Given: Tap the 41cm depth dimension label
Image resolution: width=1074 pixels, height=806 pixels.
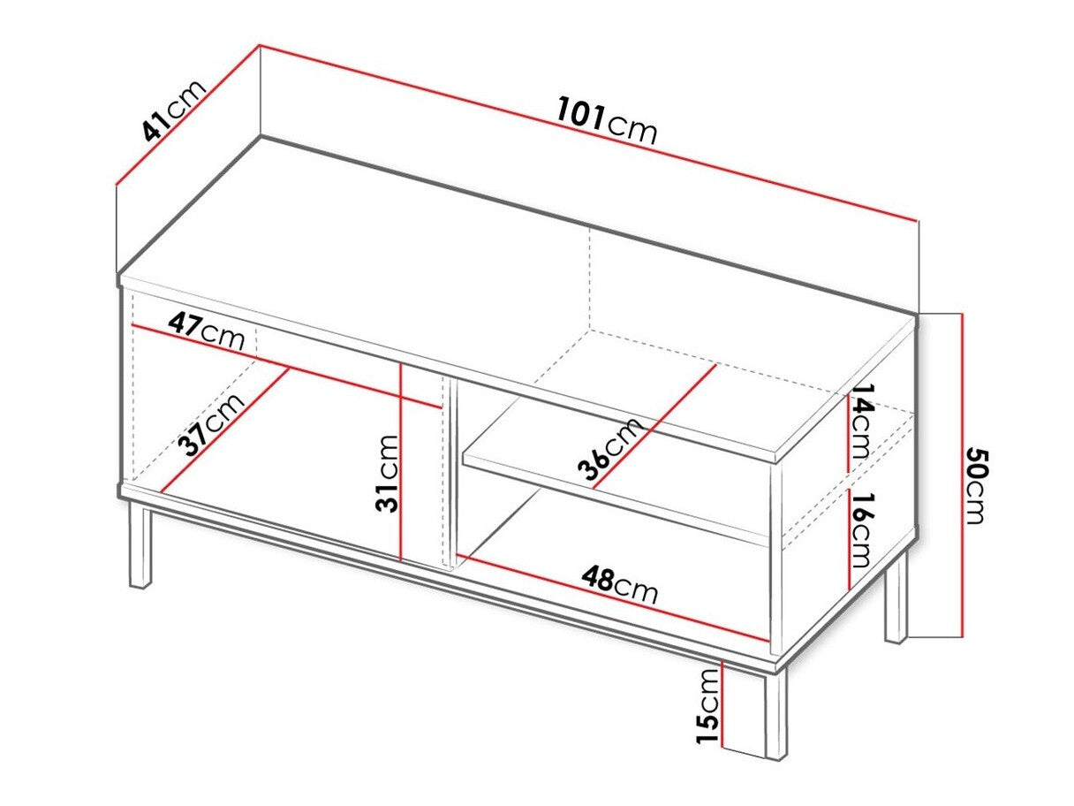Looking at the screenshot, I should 174,110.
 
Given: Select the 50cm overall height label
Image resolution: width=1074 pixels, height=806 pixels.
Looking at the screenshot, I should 975,486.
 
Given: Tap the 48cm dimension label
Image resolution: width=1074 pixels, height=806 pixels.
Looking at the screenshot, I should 619,584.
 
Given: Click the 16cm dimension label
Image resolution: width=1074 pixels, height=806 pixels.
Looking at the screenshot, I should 860,531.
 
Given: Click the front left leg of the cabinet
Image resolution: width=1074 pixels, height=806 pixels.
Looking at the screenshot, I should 141,545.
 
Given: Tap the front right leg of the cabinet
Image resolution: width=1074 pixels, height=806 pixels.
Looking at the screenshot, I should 775,712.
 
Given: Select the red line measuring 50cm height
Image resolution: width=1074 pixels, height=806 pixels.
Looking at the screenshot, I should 960,475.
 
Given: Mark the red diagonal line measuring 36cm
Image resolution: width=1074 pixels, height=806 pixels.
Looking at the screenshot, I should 654,424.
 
